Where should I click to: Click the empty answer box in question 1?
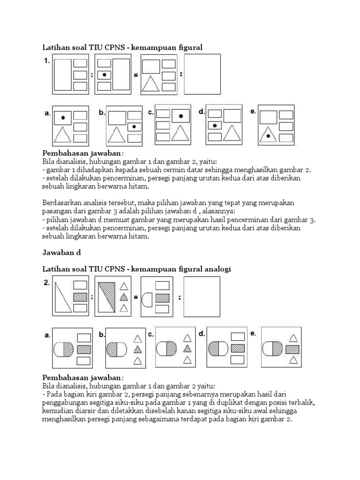(x=202, y=74)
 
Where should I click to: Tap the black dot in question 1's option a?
(x=63, y=115)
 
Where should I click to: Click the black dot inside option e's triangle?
(x=268, y=136)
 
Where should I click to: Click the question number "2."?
(x=47, y=282)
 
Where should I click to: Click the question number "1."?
(x=47, y=60)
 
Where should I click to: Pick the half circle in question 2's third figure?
(x=147, y=297)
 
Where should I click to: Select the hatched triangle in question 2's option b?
(x=138, y=349)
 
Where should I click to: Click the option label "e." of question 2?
(x=254, y=334)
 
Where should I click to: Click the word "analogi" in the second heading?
(x=217, y=269)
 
